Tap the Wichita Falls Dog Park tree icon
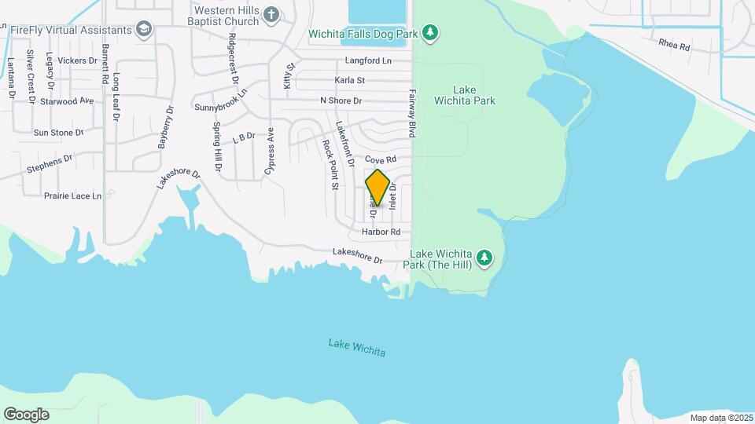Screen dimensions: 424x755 pyautogui.click(x=429, y=33)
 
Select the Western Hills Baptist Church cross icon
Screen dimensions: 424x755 pyautogui.click(x=271, y=13)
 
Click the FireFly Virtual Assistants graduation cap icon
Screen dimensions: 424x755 pyautogui.click(x=143, y=30)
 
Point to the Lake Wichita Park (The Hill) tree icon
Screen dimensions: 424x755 pyautogui.click(x=485, y=258)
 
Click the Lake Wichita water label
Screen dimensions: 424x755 pyautogui.click(x=357, y=348)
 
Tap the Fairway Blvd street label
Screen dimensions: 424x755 pyautogui.click(x=411, y=113)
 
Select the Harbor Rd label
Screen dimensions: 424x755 pyautogui.click(x=381, y=232)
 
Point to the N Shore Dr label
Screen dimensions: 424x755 pyautogui.click(x=341, y=101)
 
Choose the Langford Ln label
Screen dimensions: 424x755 pyautogui.click(x=367, y=60)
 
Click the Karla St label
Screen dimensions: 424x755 pyautogui.click(x=349, y=80)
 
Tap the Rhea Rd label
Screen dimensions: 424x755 pyautogui.click(x=674, y=46)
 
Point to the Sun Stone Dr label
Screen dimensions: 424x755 pyautogui.click(x=58, y=133)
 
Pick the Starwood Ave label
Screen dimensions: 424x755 pyautogui.click(x=67, y=101)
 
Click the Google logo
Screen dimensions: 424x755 pyautogui.click(x=26, y=415)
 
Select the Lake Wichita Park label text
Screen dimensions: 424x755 pyautogui.click(x=475, y=95)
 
